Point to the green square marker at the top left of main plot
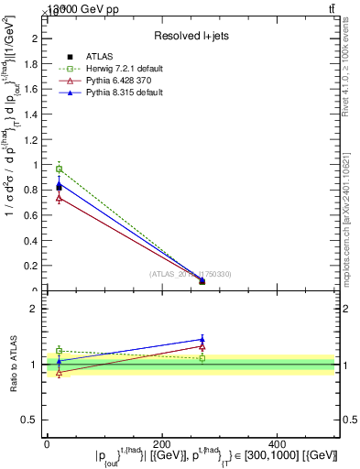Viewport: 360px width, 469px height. [x=59, y=169]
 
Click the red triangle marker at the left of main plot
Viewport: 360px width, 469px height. [x=59, y=198]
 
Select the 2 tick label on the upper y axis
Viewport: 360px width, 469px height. [x=38, y=38]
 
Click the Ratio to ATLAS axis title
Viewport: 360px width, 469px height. [x=12, y=364]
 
